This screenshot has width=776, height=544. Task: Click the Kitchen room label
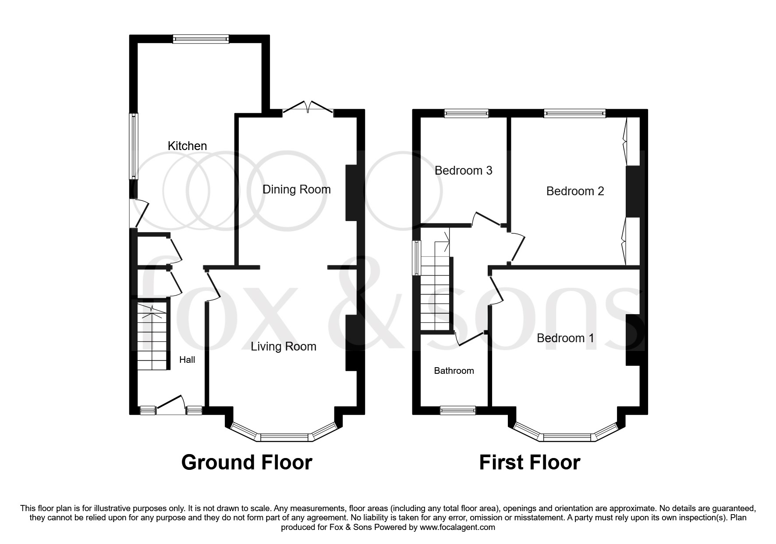[187, 146]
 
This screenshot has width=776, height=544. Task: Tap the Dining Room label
[296, 190]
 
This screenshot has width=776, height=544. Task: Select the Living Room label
[283, 347]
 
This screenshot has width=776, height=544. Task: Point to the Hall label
[187, 360]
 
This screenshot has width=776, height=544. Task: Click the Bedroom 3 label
[463, 170]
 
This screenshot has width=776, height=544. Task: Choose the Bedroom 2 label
[575, 191]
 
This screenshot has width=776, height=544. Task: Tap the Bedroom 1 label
[565, 338]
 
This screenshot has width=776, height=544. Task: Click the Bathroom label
[454, 371]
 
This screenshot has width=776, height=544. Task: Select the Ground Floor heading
[246, 462]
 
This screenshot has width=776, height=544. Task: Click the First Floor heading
[529, 462]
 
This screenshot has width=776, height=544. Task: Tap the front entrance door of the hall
[170, 406]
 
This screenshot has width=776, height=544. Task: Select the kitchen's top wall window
[201, 39]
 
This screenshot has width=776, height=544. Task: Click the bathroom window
[457, 410]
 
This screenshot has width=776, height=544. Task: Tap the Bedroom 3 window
[466, 114]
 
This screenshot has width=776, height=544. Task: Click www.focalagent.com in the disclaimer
[457, 527]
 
